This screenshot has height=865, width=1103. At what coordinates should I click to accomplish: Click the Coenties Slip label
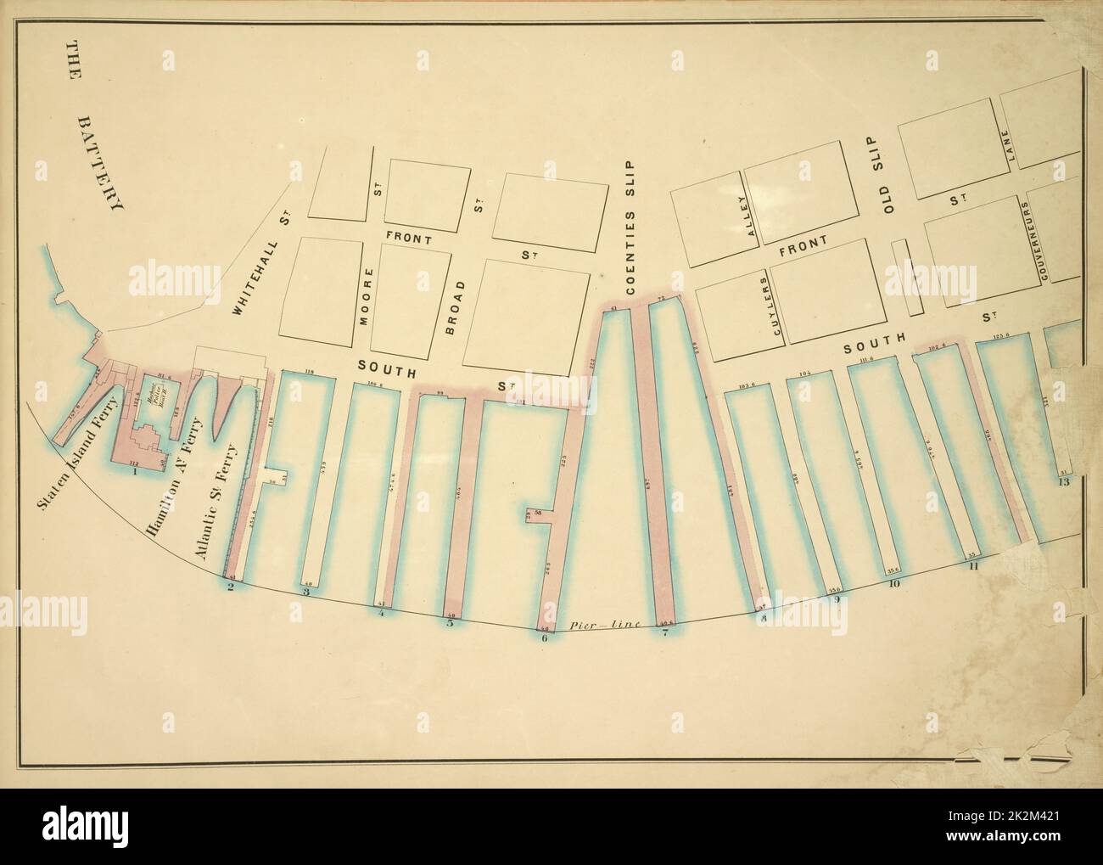tap(630, 227)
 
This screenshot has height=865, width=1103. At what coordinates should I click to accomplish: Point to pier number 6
tap(544, 639)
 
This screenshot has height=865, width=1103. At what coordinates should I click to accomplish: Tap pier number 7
tap(665, 632)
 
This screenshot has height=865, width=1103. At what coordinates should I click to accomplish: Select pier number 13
tap(1063, 482)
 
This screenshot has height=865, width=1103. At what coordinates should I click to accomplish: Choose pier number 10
tap(893, 583)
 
